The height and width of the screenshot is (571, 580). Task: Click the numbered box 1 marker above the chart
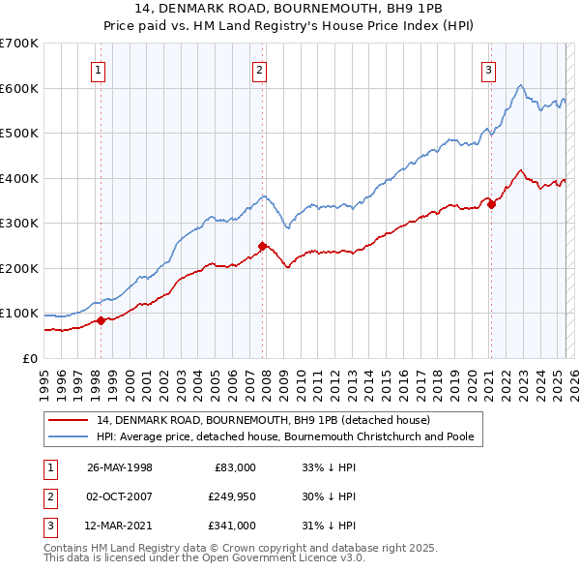pyautogui.click(x=100, y=69)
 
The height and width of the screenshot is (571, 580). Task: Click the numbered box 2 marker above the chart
pyautogui.click(x=260, y=69)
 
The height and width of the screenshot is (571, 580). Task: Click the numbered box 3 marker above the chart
pyautogui.click(x=489, y=69)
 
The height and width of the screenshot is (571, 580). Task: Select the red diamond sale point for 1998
pyautogui.click(x=101, y=320)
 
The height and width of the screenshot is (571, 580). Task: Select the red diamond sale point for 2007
pyautogui.click(x=262, y=246)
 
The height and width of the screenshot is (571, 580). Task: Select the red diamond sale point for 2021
pyautogui.click(x=491, y=204)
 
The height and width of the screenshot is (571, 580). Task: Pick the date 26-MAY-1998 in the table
pyautogui.click(x=120, y=467)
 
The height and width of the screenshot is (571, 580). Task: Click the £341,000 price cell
pyautogui.click(x=232, y=526)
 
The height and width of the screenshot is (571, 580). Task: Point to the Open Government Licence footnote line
pyautogui.click(x=204, y=557)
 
